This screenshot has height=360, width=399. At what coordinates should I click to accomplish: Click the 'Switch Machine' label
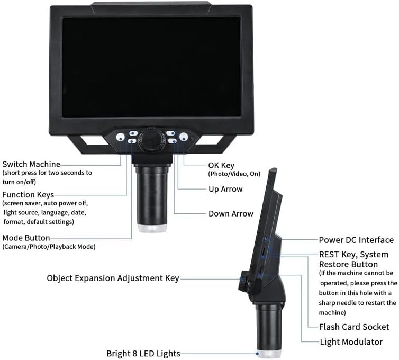click(x=31, y=164)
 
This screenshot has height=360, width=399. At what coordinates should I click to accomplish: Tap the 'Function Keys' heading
click(x=28, y=195)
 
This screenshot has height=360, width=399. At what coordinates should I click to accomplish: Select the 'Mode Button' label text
click(x=26, y=238)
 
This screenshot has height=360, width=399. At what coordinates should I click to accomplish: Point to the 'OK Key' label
click(x=221, y=166)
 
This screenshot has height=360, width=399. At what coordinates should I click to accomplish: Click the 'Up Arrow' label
click(x=225, y=189)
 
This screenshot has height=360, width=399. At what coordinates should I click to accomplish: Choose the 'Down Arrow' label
click(x=231, y=213)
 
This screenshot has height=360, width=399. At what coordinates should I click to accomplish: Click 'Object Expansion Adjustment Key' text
click(x=113, y=278)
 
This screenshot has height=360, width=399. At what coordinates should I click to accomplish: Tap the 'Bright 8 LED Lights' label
click(x=143, y=354)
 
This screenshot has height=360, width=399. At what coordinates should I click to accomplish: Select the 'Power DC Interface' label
click(x=356, y=240)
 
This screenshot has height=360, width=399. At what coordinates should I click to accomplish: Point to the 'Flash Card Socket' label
click(x=354, y=327)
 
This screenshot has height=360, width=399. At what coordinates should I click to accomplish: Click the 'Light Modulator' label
click(x=351, y=342)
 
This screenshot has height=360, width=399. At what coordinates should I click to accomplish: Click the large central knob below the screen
click(x=151, y=140)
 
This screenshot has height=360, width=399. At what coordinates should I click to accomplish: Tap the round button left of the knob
click(x=121, y=137)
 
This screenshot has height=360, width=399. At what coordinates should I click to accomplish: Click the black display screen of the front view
click(x=151, y=67)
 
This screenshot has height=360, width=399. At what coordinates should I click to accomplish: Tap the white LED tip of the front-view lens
click(x=152, y=228)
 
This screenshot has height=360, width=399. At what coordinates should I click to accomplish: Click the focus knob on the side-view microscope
click(x=244, y=281)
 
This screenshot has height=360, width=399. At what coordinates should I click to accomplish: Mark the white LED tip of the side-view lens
click(x=269, y=354)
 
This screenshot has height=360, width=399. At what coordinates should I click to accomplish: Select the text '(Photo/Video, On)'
click(x=234, y=174)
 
